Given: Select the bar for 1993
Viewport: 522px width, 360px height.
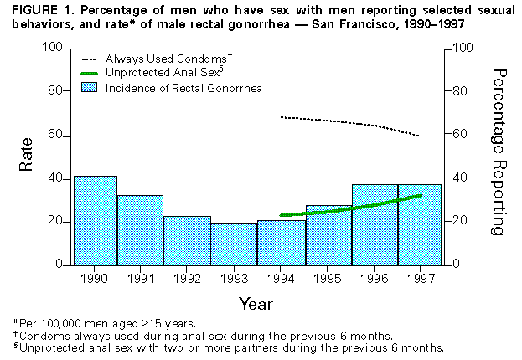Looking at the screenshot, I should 234,244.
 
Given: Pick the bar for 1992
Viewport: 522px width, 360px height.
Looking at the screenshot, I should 187,240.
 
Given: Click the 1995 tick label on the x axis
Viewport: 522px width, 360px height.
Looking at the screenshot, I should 328,279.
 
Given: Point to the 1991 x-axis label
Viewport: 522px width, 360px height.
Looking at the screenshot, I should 141,279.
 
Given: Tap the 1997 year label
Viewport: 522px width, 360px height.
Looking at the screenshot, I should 419,279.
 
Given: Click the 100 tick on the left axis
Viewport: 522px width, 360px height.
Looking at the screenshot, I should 53,48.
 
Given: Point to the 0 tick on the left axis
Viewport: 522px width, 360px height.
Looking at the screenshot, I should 59,265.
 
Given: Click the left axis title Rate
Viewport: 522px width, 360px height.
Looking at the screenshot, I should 27,156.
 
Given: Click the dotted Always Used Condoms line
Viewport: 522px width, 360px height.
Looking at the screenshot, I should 352,121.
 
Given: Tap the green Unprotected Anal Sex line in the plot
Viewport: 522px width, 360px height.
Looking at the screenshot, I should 352,209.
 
